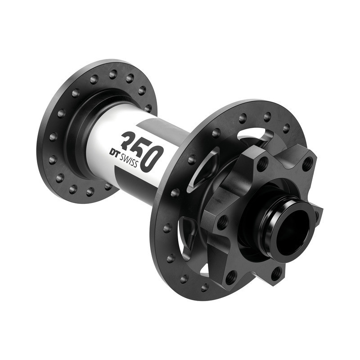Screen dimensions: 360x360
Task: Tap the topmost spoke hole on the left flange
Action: pos(113,72)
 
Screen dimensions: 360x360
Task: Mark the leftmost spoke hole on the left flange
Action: pos(53,135)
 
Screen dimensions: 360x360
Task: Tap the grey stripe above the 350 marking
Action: pos(148,124)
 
